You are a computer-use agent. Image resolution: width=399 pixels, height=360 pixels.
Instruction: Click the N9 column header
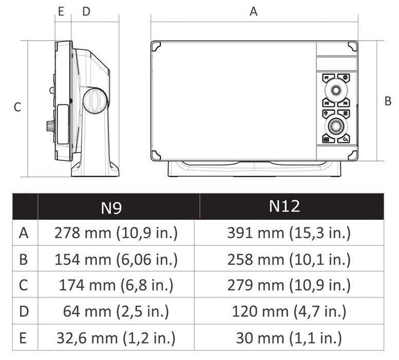point(111,208)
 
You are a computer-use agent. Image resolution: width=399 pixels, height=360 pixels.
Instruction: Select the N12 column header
point(284,206)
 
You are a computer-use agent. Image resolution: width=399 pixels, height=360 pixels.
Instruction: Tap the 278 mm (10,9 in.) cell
point(116,233)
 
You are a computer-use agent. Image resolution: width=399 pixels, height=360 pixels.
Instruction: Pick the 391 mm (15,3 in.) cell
point(289,233)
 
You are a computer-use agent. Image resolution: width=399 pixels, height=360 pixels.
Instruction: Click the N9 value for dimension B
point(116,259)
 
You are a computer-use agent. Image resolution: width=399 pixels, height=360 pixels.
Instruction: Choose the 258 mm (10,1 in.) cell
point(289,259)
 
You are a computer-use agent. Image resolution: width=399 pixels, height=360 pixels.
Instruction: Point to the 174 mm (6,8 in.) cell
point(116,285)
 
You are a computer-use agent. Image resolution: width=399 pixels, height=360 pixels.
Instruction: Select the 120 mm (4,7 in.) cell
point(289,311)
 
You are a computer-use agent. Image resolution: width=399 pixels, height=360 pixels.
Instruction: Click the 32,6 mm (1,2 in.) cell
point(116,338)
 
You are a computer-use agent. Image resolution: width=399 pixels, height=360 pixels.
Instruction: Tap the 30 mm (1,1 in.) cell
point(289,338)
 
